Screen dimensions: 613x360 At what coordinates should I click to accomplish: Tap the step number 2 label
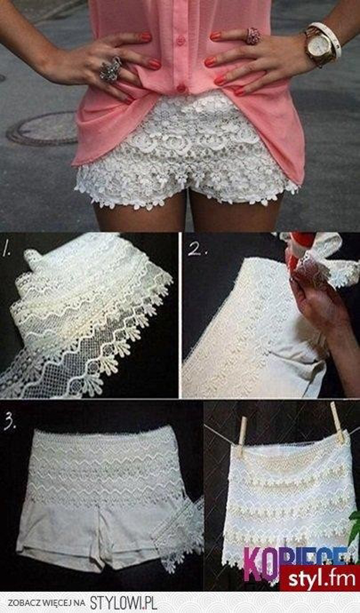click(x=195, y=248)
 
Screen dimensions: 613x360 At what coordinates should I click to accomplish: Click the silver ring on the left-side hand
click(x=110, y=69)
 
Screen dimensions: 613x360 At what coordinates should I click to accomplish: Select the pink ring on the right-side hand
click(x=253, y=36)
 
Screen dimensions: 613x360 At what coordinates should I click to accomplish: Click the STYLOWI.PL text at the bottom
click(x=123, y=602)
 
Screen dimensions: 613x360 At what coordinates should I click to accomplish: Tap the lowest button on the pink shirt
click(x=182, y=88)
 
